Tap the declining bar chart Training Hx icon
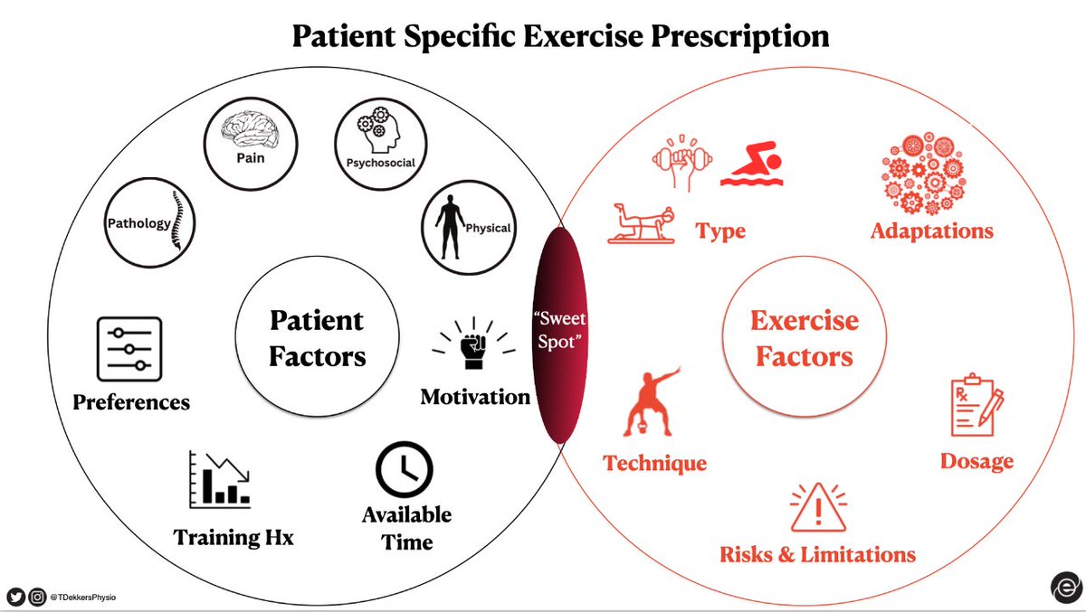click(220, 479)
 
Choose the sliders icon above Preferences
click(129, 349)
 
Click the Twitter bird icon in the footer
click(15, 596)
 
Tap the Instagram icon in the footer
click(38, 596)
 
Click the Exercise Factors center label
click(805, 339)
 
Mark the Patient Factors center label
click(318, 338)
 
